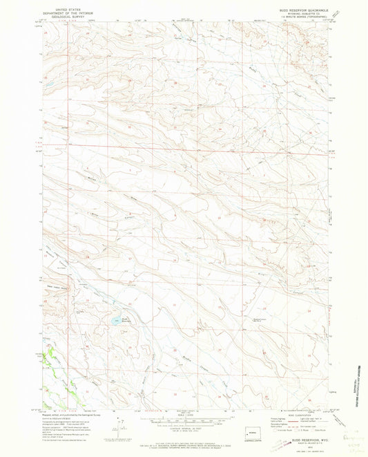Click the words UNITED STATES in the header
click(x=61, y=10)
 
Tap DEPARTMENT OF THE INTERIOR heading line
click(x=61, y=13)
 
